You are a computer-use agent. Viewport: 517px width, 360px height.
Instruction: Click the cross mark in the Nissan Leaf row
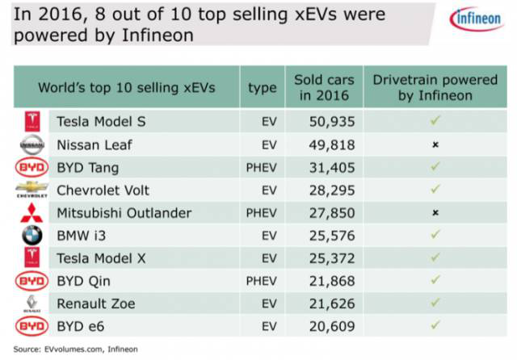pyautogui.click(x=435, y=145)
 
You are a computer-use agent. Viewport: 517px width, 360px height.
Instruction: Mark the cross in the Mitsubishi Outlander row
pyautogui.click(x=435, y=213)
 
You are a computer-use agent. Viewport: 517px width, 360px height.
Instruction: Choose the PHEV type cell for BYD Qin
pyautogui.click(x=262, y=280)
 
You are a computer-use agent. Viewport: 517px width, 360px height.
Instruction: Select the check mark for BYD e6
pyautogui.click(x=435, y=325)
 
